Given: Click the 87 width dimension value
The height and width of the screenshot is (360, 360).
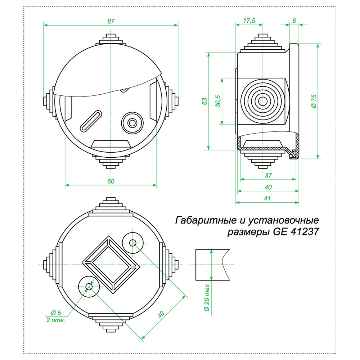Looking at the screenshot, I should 111,21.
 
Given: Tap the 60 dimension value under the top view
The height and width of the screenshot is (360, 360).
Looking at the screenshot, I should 111,181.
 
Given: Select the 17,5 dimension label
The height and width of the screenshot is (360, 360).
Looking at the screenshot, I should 249,21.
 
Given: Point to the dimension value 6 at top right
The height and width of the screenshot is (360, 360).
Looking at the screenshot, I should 294,21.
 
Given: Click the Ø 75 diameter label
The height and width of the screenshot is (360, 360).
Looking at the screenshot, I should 313,101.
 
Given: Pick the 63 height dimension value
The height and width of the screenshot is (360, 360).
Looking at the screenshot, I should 204,101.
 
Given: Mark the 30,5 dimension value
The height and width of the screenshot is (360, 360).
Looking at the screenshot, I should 217,102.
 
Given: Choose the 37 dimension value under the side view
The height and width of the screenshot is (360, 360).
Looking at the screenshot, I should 268,175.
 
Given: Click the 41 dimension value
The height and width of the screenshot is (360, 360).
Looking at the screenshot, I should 267,198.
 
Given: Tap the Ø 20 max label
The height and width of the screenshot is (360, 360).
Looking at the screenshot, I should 206,298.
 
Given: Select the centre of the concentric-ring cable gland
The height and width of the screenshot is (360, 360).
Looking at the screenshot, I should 263,101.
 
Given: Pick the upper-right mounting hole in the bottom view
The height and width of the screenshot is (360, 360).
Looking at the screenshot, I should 133,242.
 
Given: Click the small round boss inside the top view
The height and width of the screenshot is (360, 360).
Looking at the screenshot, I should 132,123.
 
